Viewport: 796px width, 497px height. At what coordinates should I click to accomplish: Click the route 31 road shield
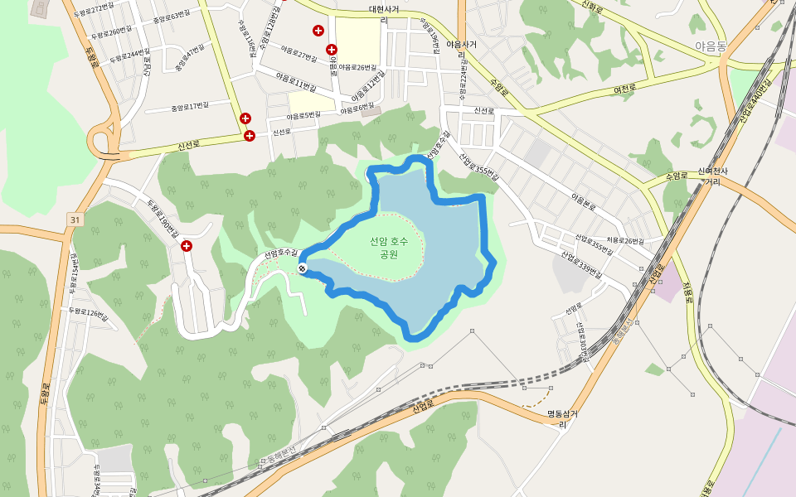tap(75, 220)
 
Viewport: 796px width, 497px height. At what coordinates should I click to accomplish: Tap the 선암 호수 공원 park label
tap(389, 248)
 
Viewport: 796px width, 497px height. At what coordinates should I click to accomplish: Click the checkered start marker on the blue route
tap(303, 267)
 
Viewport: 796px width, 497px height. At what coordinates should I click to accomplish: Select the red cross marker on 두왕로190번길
tap(187, 246)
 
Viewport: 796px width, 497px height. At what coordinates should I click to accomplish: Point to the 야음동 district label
tap(711, 47)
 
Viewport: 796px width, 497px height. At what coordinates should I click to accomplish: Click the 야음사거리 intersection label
tap(461, 49)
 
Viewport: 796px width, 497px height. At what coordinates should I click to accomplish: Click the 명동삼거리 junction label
tap(561, 418)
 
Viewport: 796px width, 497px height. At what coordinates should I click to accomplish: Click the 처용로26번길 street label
tap(624, 241)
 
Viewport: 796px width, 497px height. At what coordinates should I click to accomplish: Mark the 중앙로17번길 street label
tap(189, 107)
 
